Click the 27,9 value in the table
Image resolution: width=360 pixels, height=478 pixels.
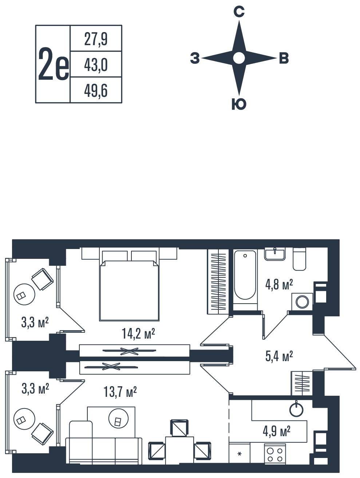(96, 39)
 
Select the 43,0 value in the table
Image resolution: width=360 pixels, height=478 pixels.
(96, 64)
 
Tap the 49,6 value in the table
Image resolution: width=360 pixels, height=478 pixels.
(96, 90)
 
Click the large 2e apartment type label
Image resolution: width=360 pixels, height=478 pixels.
(53, 64)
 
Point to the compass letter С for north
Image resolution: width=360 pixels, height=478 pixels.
(239, 12)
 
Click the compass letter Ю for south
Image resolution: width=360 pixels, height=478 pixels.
(239, 104)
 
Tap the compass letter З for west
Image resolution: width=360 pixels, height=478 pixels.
(195, 58)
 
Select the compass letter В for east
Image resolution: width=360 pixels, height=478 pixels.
(284, 58)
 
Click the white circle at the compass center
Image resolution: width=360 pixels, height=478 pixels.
(239, 58)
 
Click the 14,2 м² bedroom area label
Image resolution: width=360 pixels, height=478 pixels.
(138, 333)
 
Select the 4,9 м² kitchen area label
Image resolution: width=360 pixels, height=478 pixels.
(277, 431)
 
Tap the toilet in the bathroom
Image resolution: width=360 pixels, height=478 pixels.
(299, 260)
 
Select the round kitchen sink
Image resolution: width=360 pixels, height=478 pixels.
(296, 409)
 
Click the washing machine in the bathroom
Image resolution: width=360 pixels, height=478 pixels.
(302, 302)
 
